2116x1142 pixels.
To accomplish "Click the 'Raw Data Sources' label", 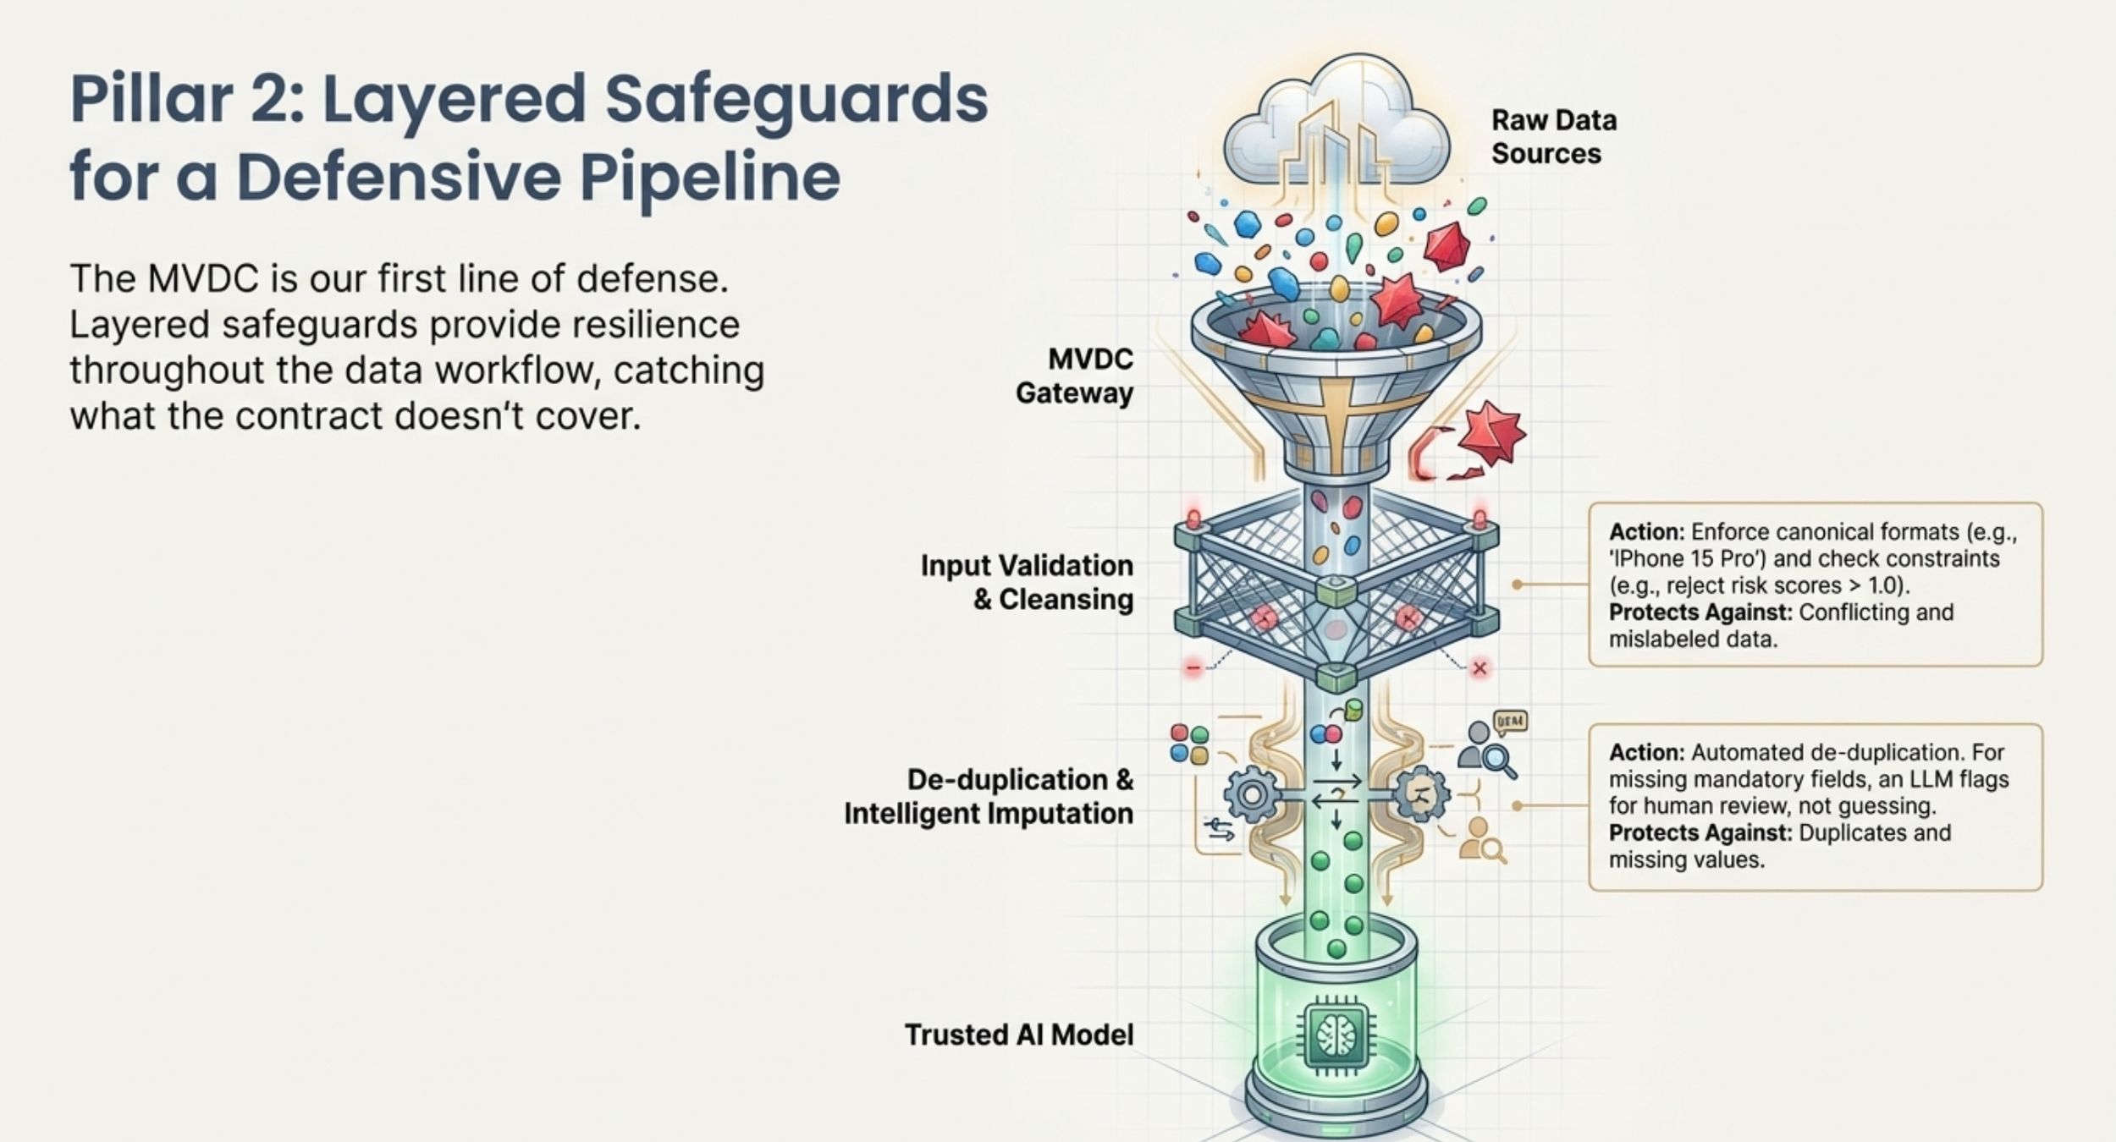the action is pos(1553,137).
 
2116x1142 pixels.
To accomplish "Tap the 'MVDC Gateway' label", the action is pos(1075,376).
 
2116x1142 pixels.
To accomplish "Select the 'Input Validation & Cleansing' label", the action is pos(1027,582).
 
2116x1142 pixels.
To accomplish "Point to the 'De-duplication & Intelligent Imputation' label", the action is pos(989,796).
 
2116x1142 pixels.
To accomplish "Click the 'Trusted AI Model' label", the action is pos(1019,1035).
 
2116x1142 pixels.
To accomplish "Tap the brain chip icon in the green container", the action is pos(1336,1035).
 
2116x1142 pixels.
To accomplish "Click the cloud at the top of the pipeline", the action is pos(1336,123).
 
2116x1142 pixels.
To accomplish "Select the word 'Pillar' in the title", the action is pos(152,99).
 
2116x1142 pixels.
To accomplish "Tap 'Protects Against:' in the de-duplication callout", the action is pos(1700,833).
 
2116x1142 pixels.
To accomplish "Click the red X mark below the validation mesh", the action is pos(1480,668).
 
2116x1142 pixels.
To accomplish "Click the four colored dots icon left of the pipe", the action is pos(1189,744).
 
